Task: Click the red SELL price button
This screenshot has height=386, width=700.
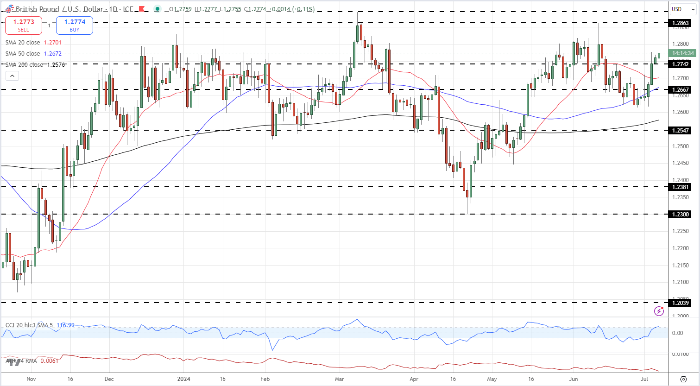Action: pyautogui.click(x=23, y=25)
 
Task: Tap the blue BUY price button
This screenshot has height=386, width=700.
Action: pyautogui.click(x=75, y=25)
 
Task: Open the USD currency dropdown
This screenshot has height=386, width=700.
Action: pyautogui.click(x=683, y=9)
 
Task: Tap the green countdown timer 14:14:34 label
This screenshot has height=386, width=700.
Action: pyautogui.click(x=683, y=53)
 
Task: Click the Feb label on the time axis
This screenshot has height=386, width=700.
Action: pyautogui.click(x=265, y=379)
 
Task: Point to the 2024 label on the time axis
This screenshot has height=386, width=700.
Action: pyautogui.click(x=184, y=379)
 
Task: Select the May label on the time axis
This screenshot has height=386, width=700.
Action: pyautogui.click(x=492, y=379)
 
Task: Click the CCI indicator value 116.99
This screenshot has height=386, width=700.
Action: pyautogui.click(x=65, y=325)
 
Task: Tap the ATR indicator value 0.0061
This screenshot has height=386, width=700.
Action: pyautogui.click(x=50, y=361)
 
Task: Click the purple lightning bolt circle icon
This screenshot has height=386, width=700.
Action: pyautogui.click(x=659, y=311)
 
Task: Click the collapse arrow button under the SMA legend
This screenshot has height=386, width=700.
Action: pyautogui.click(x=13, y=76)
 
